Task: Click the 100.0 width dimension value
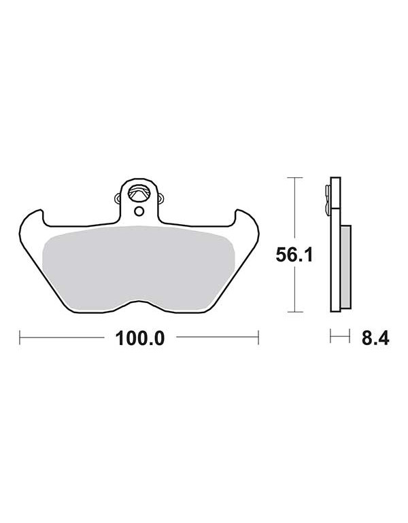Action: coord(139,338)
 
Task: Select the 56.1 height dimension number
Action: coord(294,255)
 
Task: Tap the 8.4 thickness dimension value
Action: coord(375,338)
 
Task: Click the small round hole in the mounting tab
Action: coord(139,211)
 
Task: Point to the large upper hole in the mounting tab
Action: coord(139,193)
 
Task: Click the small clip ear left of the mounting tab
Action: coord(118,198)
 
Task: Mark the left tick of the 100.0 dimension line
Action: coord(20,337)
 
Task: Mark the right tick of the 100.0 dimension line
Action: coord(258,337)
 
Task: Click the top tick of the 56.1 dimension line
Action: coord(295,178)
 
